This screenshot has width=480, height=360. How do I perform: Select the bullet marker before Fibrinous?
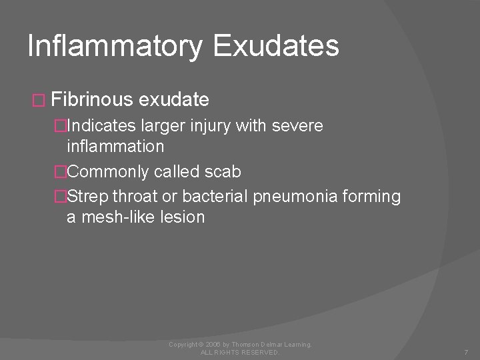coord(37,101)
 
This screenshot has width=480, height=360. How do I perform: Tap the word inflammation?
coord(115,146)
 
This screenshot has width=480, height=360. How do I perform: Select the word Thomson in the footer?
coord(239,344)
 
